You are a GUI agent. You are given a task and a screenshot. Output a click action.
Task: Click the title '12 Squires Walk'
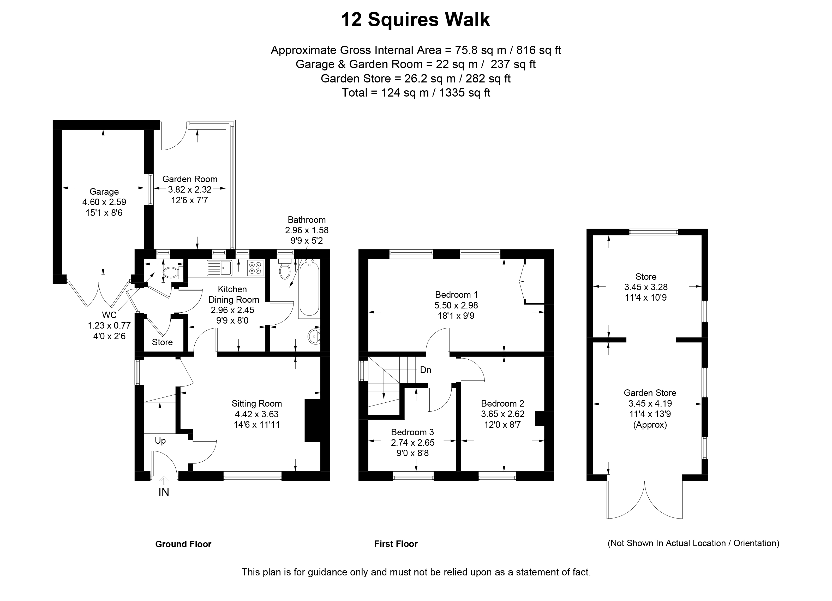pos(415,20)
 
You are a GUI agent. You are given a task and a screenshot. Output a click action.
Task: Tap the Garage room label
pos(104,192)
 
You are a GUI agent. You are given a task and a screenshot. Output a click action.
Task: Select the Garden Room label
pos(190,179)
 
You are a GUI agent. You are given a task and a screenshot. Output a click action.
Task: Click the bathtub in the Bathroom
pos(309,287)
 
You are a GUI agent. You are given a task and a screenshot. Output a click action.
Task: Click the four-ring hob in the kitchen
pos(256,268)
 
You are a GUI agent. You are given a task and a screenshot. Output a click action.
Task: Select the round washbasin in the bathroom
pos(314,336)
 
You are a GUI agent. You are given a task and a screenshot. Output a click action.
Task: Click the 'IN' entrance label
pos(164,492)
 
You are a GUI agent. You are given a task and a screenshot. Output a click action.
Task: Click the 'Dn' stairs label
pos(426,370)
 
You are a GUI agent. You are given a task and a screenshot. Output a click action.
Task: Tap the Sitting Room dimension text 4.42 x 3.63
pos(257,414)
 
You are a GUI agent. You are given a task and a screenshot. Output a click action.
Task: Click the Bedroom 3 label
pos(412,432)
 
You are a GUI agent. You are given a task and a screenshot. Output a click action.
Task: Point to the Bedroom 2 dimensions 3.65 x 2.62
pos(502,414)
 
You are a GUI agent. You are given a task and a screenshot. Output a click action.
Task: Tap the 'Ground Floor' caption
pos(183,544)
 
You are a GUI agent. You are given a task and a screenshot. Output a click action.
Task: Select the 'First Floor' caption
pos(396,544)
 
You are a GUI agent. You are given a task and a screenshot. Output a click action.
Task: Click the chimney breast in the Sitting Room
pos(313,420)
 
